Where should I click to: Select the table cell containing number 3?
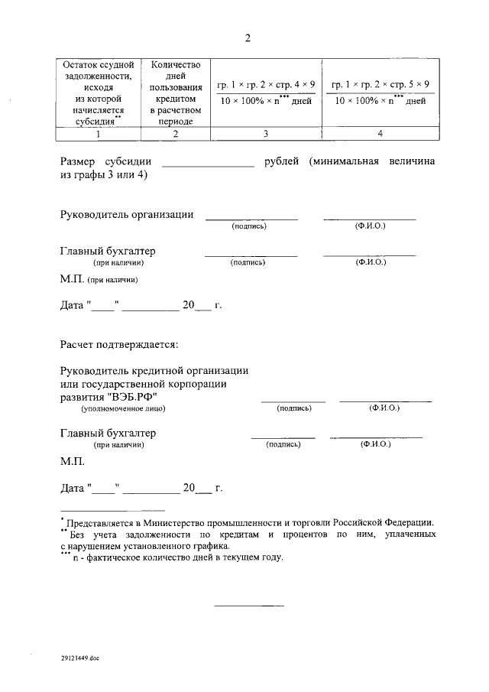click(x=265, y=134)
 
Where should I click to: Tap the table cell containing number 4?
click(x=380, y=134)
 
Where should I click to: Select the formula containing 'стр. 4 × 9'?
click(x=265, y=92)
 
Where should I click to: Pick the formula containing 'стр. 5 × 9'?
click(x=380, y=92)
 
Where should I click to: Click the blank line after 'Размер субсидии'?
click(x=208, y=162)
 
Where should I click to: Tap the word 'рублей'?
click(x=283, y=161)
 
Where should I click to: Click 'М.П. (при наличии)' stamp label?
click(x=99, y=280)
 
